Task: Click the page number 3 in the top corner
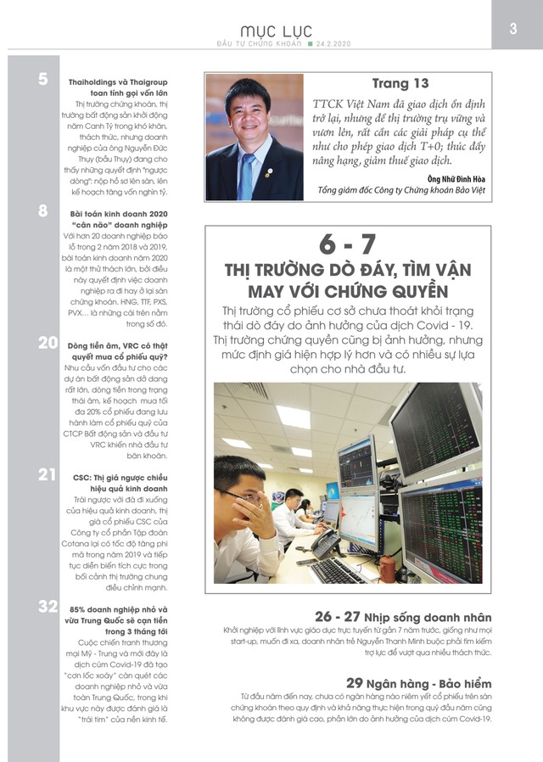pos(513,28)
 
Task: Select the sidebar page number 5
pos(42,80)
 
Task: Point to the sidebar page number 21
pos(47,474)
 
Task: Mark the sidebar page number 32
pos(48,606)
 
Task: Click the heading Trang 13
pos(401,83)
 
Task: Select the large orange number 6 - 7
pos(347,244)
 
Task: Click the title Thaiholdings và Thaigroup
pos(118,81)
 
